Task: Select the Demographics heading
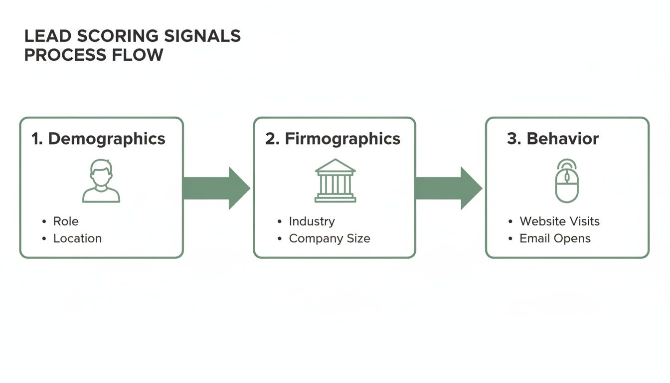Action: pos(106,139)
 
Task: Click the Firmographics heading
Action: pos(342,139)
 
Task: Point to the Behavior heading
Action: pos(562,139)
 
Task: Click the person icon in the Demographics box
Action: pos(101,181)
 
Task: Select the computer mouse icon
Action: pos(567,181)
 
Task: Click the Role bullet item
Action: pos(66,221)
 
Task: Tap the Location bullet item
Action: pos(77,238)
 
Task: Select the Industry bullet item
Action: pos(312,221)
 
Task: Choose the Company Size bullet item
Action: pos(330,238)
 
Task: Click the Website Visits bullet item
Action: pos(559,221)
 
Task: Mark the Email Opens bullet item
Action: pos(555,238)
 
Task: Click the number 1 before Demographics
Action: pos(36,139)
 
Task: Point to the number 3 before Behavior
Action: pos(512,139)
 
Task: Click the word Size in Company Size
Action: pos(359,238)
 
